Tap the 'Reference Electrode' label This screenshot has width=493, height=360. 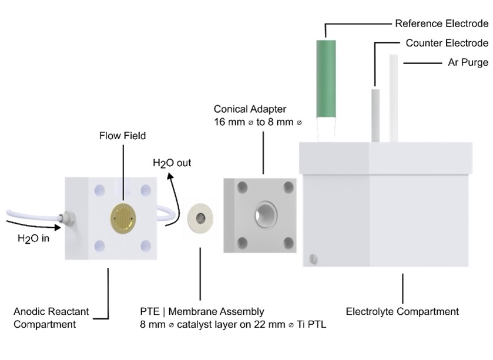pos(441,24)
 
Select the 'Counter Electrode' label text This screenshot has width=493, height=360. pos(447,43)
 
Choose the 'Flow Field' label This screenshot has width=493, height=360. pos(122,136)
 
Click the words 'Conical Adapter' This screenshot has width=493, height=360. pos(249,109)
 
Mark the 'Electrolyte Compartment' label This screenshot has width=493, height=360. pos(403,311)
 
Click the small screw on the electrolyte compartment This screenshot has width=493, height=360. pos(313,257)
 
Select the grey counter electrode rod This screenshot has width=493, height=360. pos(374,115)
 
